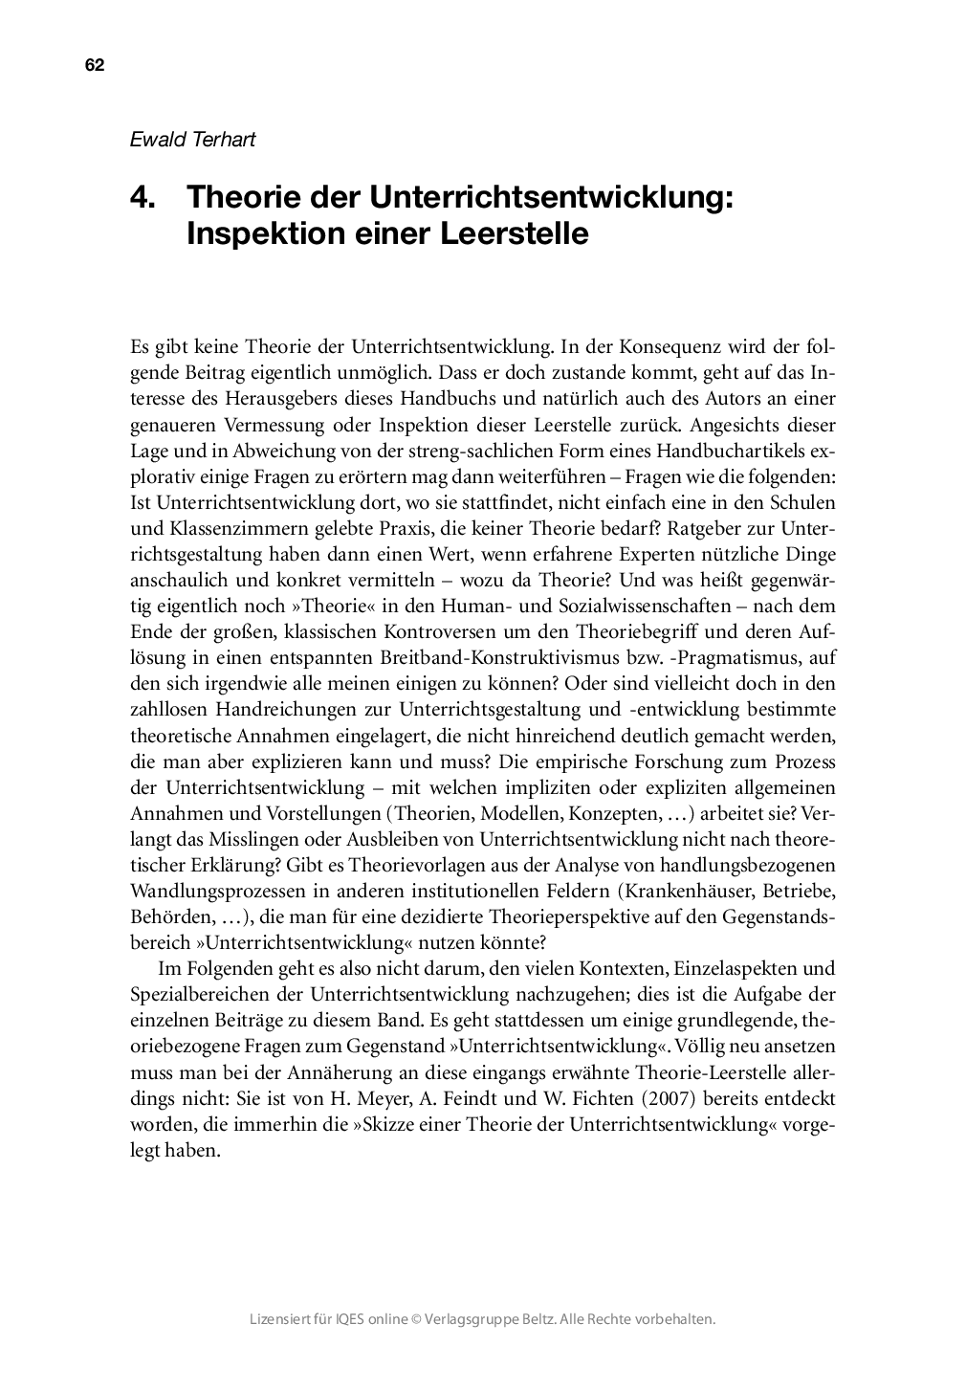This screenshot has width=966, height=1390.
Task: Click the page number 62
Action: point(94,65)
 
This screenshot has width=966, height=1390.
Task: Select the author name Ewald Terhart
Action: point(192,139)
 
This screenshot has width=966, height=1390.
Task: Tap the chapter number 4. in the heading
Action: point(143,197)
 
